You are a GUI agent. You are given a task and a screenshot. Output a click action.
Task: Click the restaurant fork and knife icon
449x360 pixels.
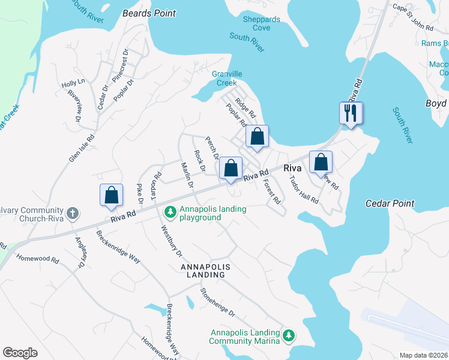pyautogui.click(x=351, y=112)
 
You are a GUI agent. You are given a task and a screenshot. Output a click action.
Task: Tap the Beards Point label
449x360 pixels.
pyautogui.click(x=149, y=13)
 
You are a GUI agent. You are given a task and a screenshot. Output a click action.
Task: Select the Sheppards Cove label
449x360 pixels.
pyautogui.click(x=261, y=23)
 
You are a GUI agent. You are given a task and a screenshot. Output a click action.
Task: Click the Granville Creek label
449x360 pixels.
pyautogui.click(x=228, y=78)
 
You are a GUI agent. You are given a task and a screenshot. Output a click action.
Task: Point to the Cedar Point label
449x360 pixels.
pyautogui.click(x=390, y=204)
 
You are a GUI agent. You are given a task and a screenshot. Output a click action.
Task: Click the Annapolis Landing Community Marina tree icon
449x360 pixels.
pyautogui.click(x=289, y=335)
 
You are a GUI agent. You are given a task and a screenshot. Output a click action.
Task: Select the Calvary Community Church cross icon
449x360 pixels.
pyautogui.click(x=72, y=213)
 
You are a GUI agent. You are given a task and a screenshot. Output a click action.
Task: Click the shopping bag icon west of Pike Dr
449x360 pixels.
pyautogui.click(x=111, y=195)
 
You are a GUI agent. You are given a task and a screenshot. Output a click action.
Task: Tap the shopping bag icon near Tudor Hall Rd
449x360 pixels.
pyautogui.click(x=321, y=161)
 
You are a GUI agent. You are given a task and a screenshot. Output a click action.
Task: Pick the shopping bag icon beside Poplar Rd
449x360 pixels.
pyautogui.click(x=257, y=136)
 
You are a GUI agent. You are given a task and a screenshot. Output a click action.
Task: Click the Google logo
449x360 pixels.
pyautogui.click(x=20, y=353)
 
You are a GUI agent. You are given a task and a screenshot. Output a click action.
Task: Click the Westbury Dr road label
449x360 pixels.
pyautogui.click(x=169, y=244)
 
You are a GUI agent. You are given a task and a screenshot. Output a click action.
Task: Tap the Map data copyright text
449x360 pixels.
pyautogui.click(x=423, y=355)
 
